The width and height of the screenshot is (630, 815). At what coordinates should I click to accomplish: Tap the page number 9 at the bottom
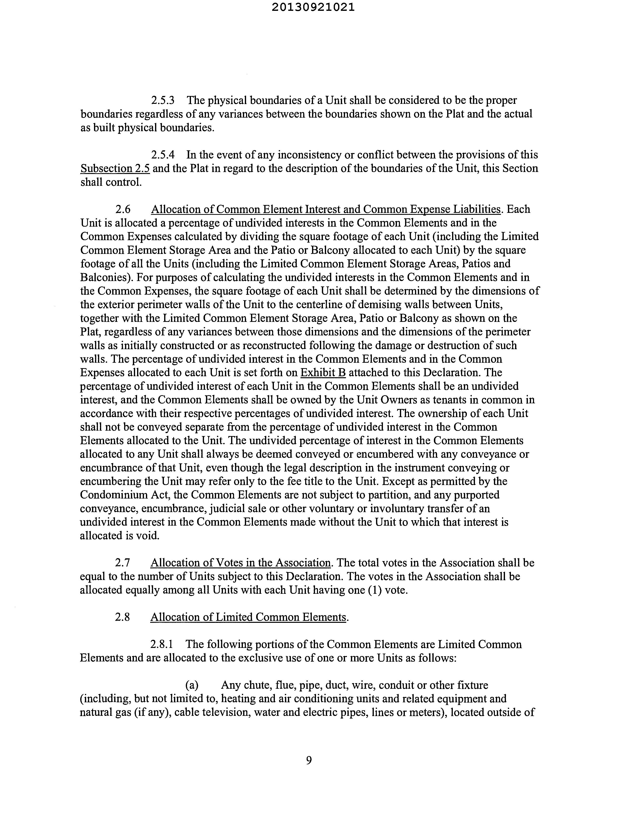tap(309, 760)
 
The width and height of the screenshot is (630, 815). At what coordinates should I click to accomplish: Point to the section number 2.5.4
tap(163, 155)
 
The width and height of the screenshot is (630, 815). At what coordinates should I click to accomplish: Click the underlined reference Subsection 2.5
tap(115, 169)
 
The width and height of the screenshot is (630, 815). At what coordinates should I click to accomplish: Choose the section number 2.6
tap(123, 209)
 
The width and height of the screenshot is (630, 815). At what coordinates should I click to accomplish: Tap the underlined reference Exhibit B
tap(323, 372)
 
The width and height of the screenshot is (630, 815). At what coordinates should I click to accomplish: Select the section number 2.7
tap(122, 563)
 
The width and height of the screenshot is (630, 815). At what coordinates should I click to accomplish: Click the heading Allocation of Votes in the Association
tap(240, 563)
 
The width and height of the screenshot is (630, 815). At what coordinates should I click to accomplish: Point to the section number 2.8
tap(122, 617)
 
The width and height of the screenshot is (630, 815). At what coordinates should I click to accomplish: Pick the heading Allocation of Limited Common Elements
tap(248, 617)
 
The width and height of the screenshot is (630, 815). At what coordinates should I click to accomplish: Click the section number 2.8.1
tap(162, 644)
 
